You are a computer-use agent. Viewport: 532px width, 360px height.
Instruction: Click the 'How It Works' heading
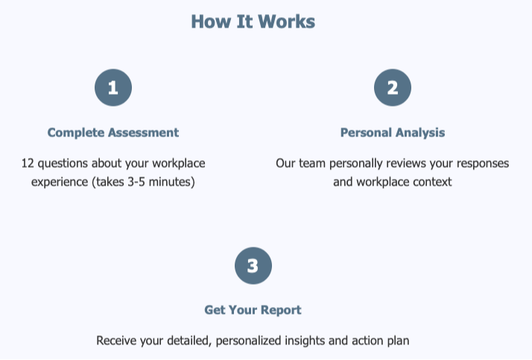(x=253, y=22)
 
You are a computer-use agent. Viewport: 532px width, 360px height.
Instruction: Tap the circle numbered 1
(x=113, y=88)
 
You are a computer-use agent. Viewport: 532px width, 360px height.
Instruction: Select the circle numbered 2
(x=392, y=88)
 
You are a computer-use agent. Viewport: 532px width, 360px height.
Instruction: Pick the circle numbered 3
(x=253, y=266)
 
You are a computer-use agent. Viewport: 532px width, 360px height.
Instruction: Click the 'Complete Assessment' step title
(x=113, y=133)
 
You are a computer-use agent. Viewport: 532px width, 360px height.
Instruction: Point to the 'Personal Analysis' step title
(x=392, y=133)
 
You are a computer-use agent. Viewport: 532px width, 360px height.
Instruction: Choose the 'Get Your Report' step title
(x=253, y=310)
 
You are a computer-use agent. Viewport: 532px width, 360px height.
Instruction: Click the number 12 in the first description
(x=28, y=162)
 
